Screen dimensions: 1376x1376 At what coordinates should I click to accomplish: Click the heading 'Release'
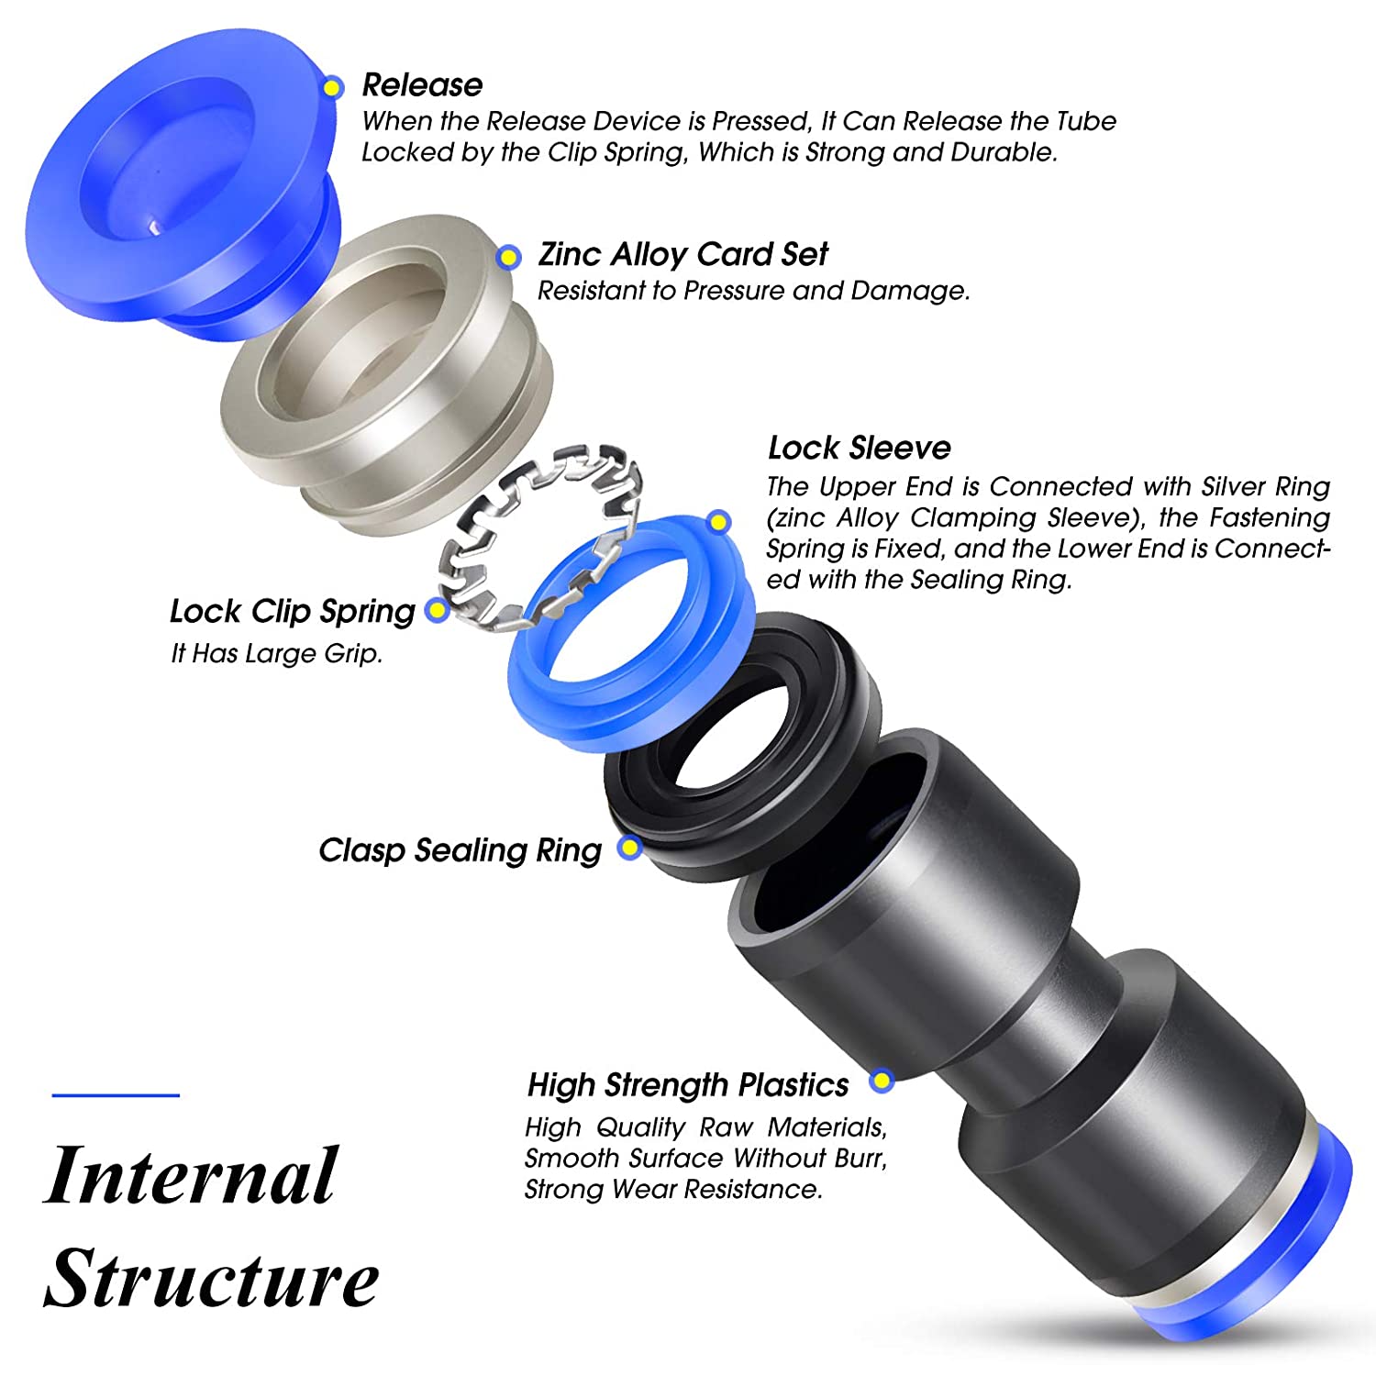point(422,85)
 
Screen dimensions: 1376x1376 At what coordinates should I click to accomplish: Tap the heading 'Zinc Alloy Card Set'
point(682,254)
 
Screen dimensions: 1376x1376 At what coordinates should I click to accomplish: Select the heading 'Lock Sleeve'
point(860,448)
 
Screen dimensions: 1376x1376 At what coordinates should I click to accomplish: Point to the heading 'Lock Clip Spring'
point(293,612)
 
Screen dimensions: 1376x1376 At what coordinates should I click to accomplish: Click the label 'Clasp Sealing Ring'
point(461,850)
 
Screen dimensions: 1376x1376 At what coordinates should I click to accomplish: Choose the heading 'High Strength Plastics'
point(688,1085)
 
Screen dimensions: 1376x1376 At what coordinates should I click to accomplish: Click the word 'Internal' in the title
point(192,1175)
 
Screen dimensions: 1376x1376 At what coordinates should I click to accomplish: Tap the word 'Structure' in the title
point(211,1278)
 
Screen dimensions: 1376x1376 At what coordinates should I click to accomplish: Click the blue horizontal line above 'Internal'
point(116,1094)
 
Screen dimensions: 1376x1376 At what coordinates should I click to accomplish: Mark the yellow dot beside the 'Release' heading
point(333,87)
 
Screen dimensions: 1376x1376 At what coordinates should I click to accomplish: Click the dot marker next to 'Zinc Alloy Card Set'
point(508,258)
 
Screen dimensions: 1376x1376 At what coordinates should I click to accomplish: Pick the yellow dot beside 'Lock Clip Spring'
point(438,610)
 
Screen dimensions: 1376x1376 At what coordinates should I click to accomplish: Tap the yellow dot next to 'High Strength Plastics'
point(882,1081)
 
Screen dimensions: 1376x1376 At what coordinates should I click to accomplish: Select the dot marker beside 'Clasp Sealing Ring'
point(629,847)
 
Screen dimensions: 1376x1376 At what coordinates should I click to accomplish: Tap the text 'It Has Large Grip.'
point(276,653)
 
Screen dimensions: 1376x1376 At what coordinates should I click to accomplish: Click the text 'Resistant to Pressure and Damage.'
point(753,291)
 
